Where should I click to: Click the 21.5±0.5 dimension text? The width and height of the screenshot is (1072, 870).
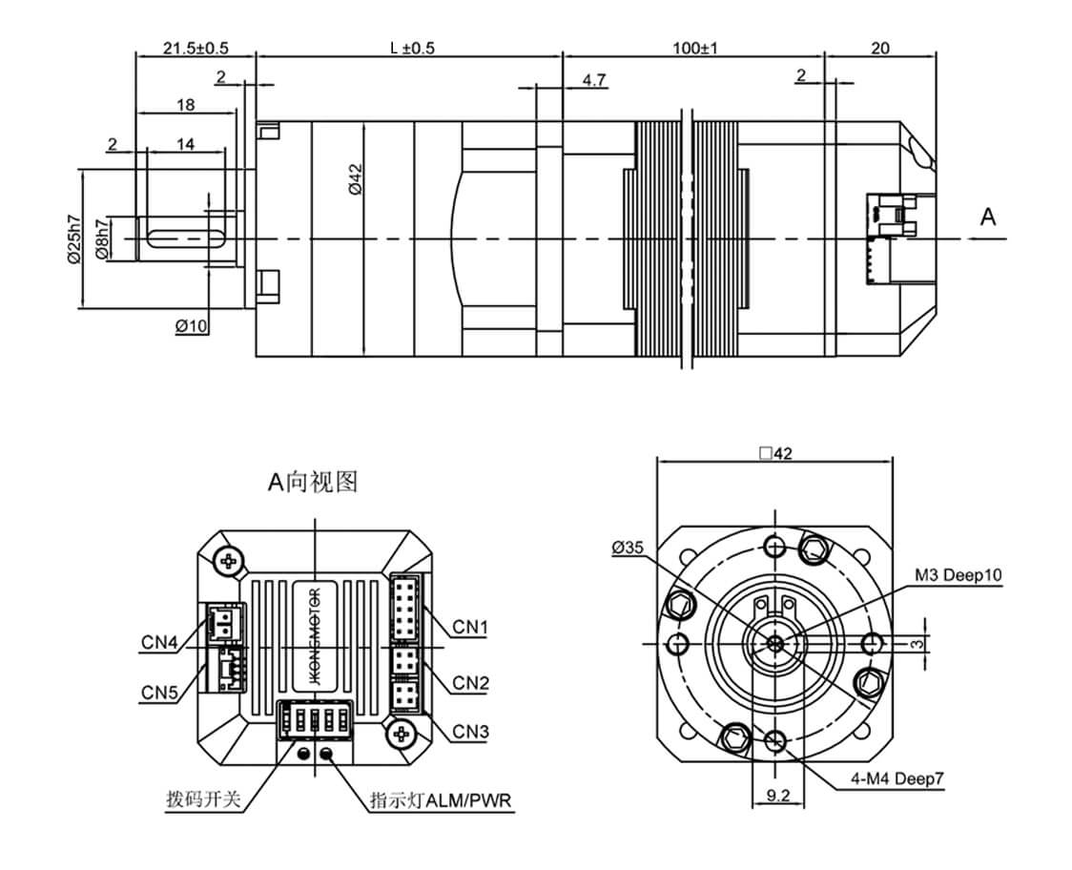point(196,48)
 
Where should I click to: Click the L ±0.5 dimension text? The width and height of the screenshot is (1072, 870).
point(412,48)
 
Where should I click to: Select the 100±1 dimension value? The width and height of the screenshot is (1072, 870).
point(694,48)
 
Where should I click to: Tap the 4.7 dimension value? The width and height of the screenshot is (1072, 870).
point(594,81)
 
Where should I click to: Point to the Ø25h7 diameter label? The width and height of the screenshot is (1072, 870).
point(73,238)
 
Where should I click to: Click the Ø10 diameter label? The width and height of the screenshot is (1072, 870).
point(192,326)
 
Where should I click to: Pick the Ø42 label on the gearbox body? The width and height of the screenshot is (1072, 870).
point(355,179)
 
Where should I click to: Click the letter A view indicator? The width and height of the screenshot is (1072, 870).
point(988,217)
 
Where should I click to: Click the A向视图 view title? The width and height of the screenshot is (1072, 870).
point(312,484)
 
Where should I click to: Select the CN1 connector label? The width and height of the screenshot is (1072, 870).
point(470,627)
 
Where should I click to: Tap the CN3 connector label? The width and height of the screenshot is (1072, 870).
point(470,732)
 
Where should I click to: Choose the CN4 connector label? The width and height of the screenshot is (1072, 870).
point(159,642)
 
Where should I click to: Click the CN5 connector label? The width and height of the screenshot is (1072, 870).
point(159,691)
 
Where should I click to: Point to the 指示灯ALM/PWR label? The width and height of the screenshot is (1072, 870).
point(442,799)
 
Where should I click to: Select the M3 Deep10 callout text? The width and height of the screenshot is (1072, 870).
point(958,575)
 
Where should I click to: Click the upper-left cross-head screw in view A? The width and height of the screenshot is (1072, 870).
point(229,562)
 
